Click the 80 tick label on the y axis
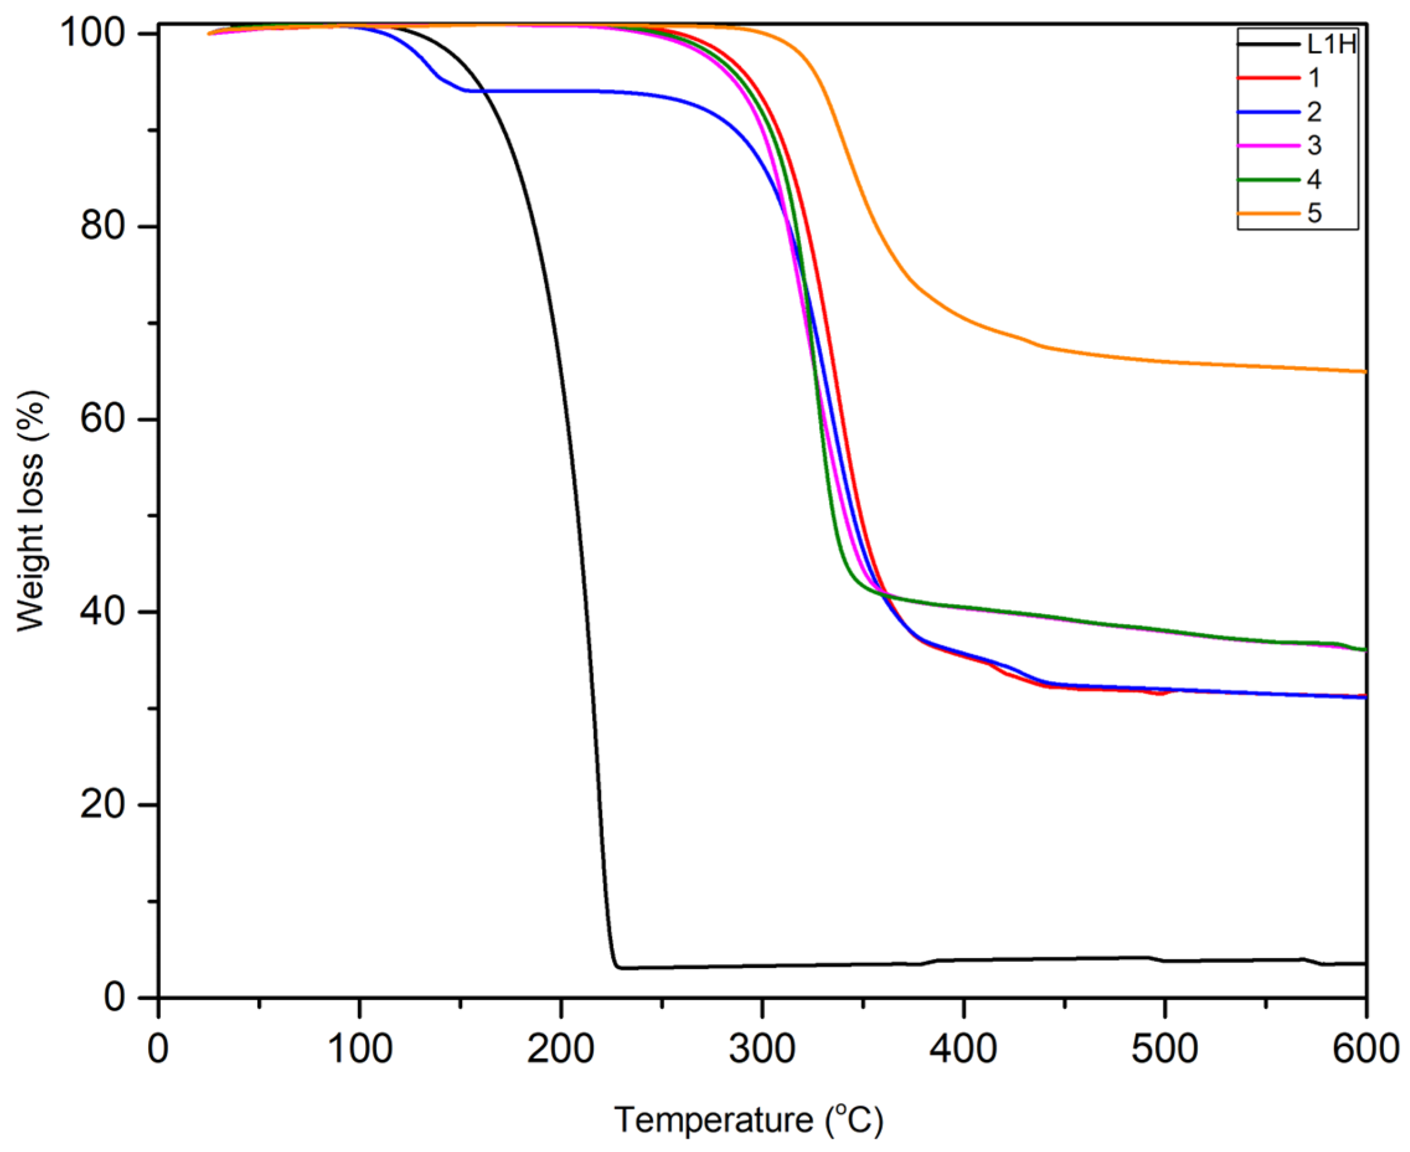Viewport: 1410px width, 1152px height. click(103, 226)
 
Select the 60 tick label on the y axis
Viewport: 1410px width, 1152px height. click(103, 420)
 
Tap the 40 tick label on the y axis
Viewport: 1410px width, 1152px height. click(103, 612)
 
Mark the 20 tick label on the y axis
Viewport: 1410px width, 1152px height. click(103, 805)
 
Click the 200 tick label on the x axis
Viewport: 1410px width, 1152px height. click(561, 1049)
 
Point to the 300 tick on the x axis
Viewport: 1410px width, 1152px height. click(762, 1049)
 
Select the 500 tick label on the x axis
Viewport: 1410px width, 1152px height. click(1164, 1049)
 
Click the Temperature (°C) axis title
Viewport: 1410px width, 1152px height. click(749, 1120)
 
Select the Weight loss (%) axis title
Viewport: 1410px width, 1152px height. click(30, 511)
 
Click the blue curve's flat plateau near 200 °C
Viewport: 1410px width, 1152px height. click(561, 91)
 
